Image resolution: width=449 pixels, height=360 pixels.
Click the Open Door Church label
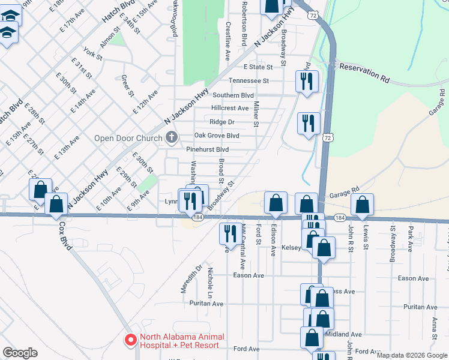click(x=128, y=139)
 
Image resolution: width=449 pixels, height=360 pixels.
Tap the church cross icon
click(x=172, y=138)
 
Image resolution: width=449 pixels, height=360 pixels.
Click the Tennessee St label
click(x=248, y=80)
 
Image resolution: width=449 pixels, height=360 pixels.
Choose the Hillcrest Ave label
click(x=229, y=108)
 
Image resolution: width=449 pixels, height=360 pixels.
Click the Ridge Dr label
click(x=221, y=122)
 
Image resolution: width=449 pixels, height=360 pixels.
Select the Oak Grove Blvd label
click(x=217, y=135)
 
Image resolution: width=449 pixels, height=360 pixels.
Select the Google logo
click(x=20, y=353)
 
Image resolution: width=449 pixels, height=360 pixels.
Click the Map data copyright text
click(x=411, y=355)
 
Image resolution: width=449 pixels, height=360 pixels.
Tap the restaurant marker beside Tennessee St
click(x=307, y=81)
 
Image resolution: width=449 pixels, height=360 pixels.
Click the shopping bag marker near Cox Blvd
click(x=56, y=204)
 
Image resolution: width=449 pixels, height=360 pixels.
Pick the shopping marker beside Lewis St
click(x=363, y=205)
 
